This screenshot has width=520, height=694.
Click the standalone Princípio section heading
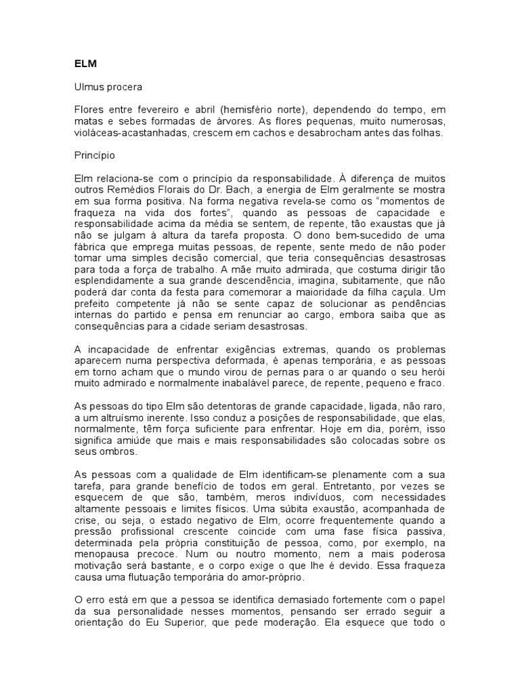95,155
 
